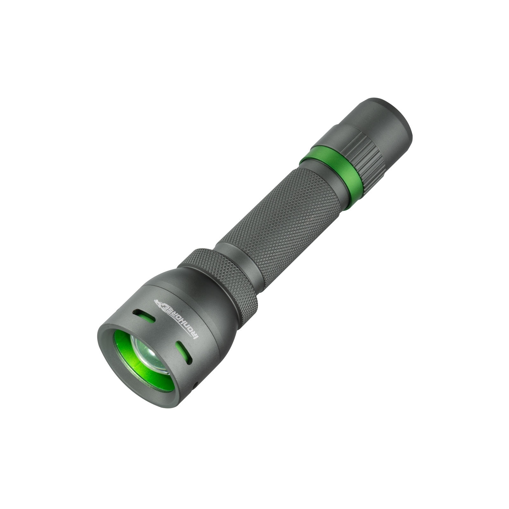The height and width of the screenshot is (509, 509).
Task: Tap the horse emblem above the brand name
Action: pos(158,302)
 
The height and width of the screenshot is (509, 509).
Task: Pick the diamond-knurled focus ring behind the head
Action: pos(223,280)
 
